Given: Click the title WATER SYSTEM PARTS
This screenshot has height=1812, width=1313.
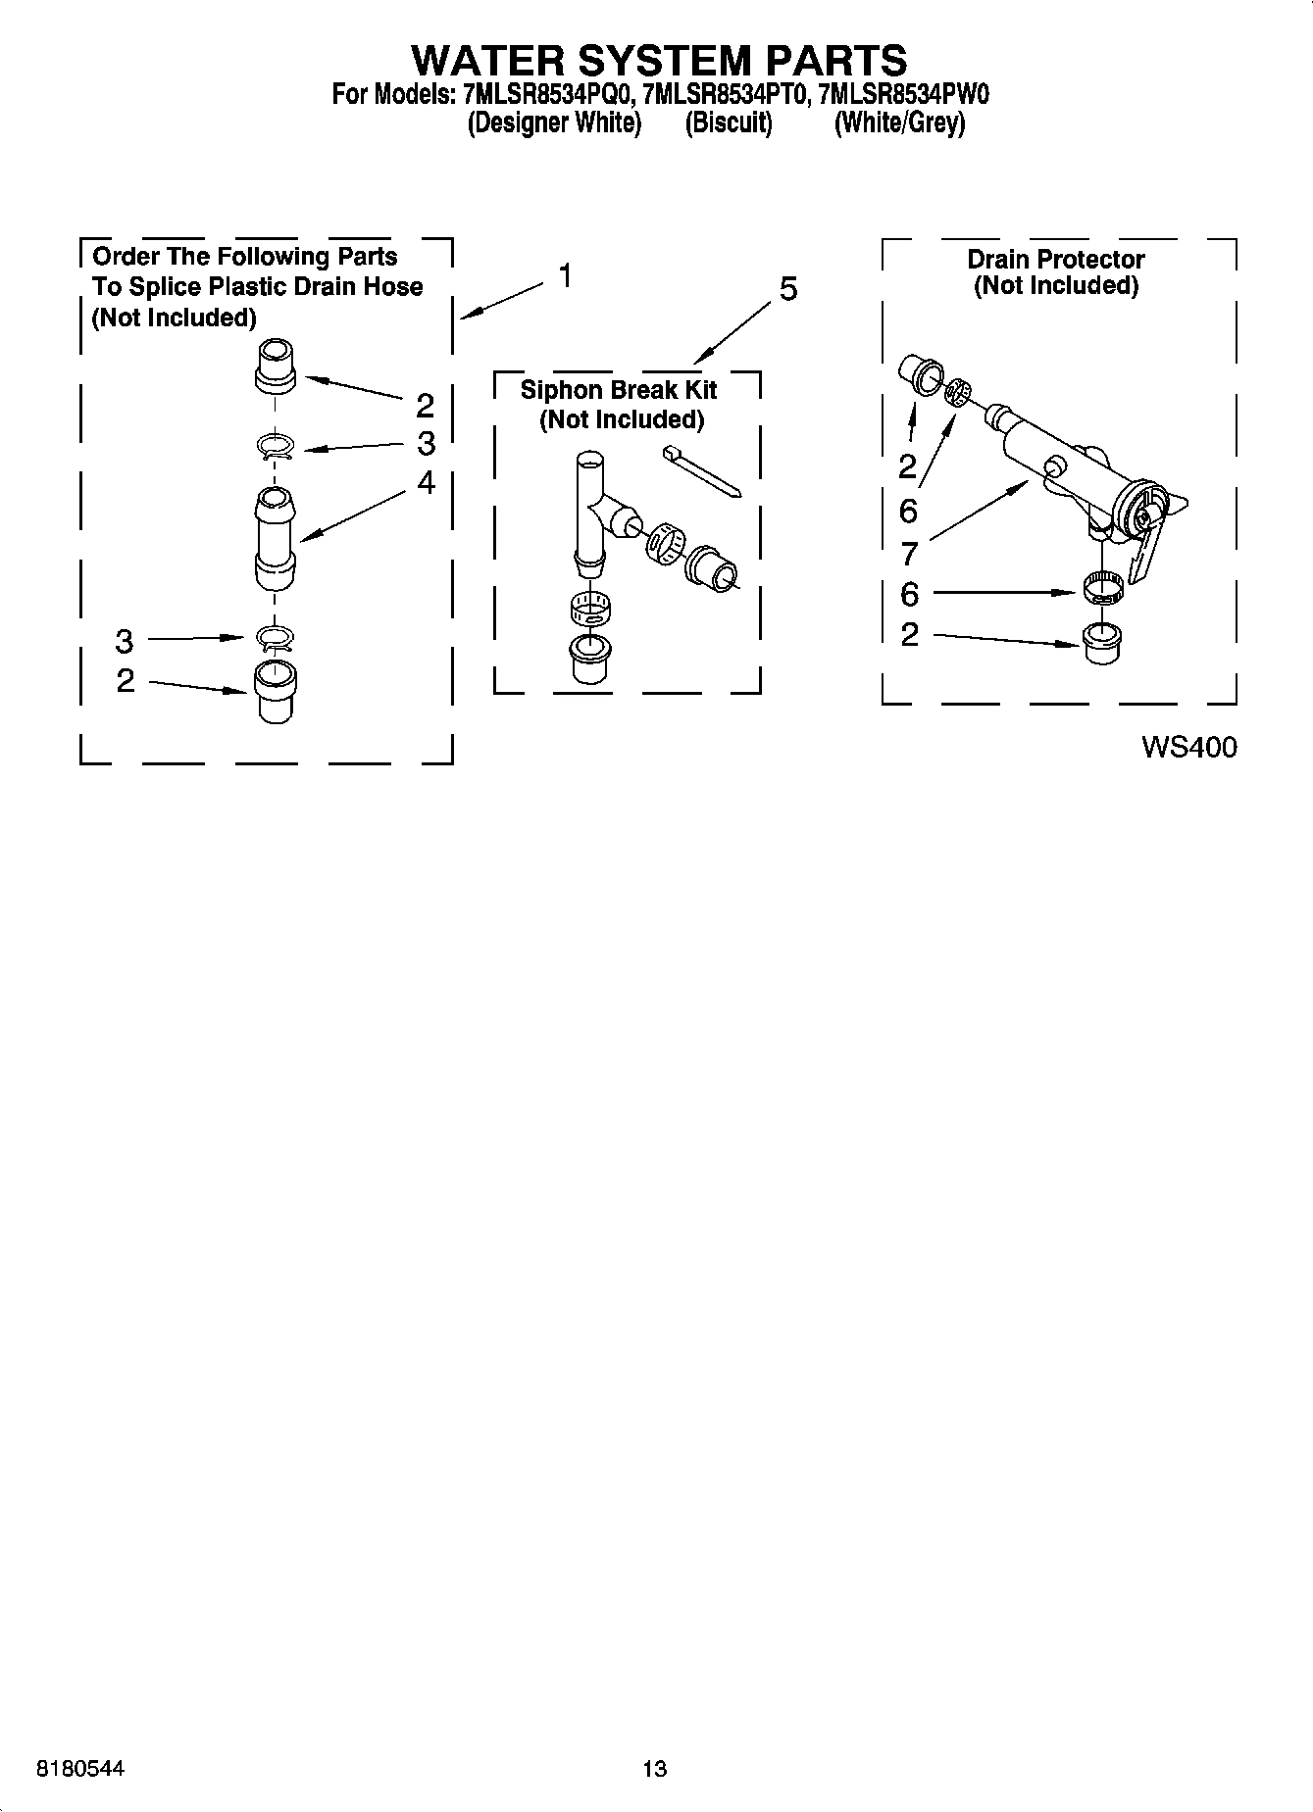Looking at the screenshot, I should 658,61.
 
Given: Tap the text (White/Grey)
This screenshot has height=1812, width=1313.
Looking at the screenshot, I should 899,123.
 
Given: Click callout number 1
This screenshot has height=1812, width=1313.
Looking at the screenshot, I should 565,276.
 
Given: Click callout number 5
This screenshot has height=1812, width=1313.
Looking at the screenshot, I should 788,289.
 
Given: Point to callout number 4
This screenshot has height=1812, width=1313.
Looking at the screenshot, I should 426,482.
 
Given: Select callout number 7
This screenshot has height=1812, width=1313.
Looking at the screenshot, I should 909,554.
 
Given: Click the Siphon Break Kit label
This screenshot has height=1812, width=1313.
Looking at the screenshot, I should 619,390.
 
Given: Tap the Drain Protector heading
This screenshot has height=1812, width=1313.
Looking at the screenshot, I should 1056,260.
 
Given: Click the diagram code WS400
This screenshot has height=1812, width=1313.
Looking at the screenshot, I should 1188,748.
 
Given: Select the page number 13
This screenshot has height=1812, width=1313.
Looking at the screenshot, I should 655,1769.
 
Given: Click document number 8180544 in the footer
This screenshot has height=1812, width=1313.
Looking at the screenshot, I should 80,1769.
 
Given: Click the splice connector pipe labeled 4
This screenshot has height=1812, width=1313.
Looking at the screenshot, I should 276,538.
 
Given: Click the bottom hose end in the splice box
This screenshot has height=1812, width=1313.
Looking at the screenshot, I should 276,692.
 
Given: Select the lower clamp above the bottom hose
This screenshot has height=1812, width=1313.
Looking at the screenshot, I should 276,639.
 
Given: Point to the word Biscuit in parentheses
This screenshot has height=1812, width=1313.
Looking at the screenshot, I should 729,123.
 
